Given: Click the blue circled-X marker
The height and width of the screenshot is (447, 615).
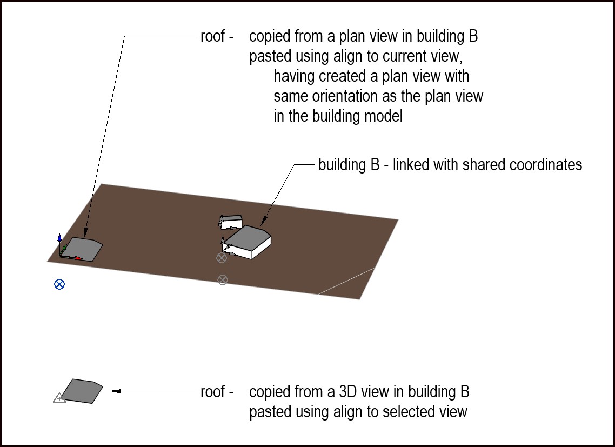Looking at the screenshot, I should click(x=59, y=284).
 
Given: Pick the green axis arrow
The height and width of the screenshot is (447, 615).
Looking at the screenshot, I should click(x=64, y=248).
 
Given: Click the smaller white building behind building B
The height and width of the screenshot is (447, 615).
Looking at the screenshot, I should click(x=232, y=221).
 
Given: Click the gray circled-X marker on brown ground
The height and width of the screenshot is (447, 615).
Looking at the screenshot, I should click(x=221, y=258).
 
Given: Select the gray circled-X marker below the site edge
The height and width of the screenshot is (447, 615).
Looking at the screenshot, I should click(x=222, y=279).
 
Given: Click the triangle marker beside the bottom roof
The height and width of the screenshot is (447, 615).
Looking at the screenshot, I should click(x=59, y=399).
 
